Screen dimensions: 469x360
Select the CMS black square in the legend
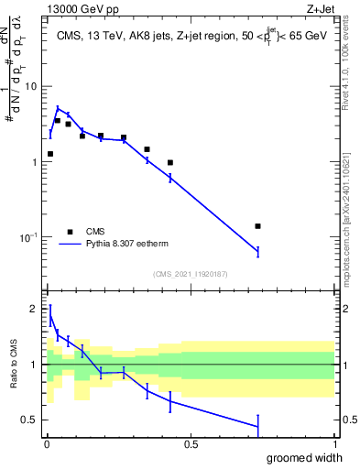point(70,232)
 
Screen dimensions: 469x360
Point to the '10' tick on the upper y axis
point(29,86)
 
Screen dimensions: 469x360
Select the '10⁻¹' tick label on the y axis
point(27,237)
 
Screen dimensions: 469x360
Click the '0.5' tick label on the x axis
point(191,444)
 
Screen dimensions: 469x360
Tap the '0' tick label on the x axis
point(46,444)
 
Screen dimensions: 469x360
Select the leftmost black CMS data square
point(50,154)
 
